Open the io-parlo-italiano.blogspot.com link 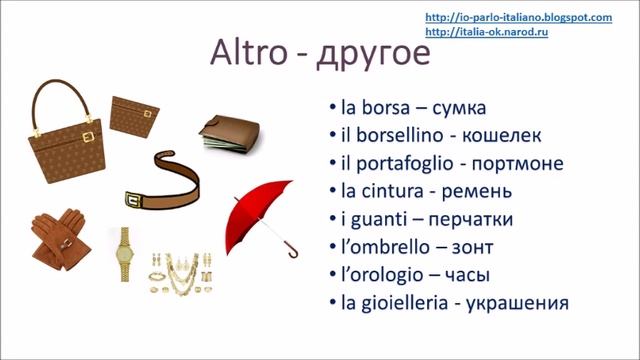(x=518, y=18)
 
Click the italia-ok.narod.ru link (x=486, y=32)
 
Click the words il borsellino (x=389, y=134)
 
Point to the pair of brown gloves (x=58, y=236)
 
